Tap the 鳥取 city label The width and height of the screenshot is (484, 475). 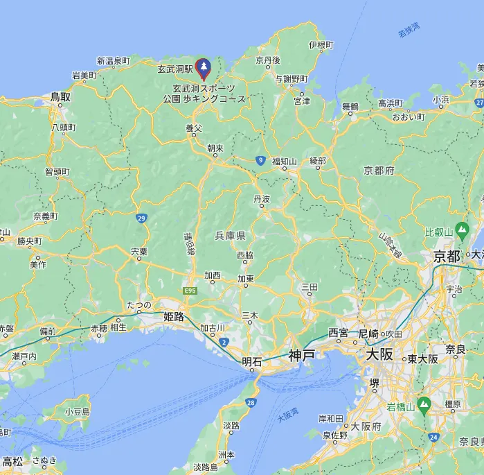click(x=60, y=98)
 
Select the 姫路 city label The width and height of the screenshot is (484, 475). click(x=173, y=317)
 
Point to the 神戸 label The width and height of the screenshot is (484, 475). click(x=302, y=355)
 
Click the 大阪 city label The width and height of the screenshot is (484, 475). click(x=379, y=354)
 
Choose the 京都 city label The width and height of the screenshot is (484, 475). click(x=447, y=257)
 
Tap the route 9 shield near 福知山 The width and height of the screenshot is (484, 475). click(x=260, y=160)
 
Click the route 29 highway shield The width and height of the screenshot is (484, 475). click(x=141, y=218)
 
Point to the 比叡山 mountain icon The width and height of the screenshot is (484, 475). click(x=462, y=230)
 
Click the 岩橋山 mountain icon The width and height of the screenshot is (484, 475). click(x=424, y=403)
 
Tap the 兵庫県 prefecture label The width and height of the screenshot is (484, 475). click(x=231, y=236)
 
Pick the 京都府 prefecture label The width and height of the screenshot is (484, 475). click(x=379, y=171)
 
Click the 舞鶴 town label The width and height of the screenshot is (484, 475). click(x=350, y=106)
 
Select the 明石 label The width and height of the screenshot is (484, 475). click(x=252, y=361)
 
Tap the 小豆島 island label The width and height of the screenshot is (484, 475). click(x=77, y=411)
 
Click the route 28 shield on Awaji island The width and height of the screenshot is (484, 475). click(x=250, y=402)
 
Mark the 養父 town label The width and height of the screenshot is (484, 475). click(x=193, y=128)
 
